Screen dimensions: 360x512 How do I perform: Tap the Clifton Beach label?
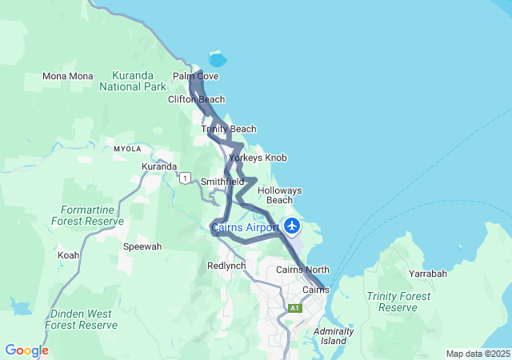[196, 99]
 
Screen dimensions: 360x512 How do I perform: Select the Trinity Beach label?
[229, 129]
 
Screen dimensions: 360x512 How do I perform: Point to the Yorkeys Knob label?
[258, 158]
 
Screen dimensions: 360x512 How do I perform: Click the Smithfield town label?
[222, 182]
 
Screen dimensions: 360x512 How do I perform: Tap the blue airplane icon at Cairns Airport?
[292, 226]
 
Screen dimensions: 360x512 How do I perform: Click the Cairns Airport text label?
[245, 228]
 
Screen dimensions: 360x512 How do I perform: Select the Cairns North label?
[302, 270]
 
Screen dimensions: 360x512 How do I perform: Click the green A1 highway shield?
[294, 308]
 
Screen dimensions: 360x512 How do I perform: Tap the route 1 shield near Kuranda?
[186, 178]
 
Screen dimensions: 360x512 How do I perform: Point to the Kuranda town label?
[159, 166]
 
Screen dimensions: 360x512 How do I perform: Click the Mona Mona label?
[68, 76]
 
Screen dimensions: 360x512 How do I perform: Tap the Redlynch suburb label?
[226, 265]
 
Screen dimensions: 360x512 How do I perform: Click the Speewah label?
[142, 246]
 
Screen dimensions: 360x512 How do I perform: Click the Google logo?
[26, 350]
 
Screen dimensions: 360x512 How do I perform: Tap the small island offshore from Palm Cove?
[217, 59]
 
